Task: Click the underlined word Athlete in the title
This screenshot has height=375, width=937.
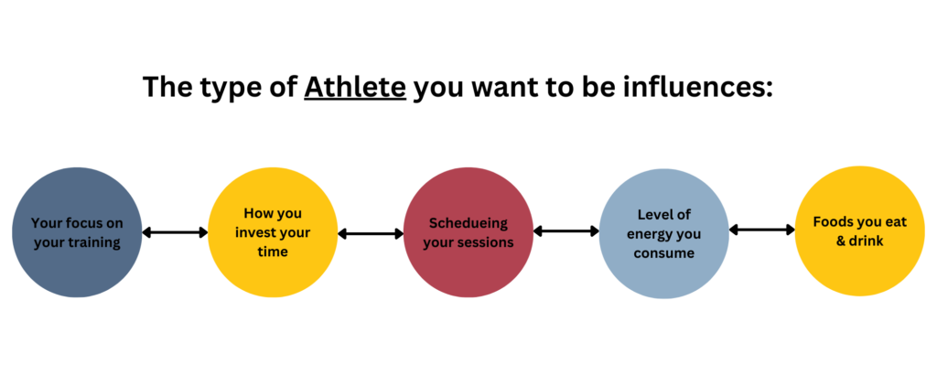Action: coord(355,87)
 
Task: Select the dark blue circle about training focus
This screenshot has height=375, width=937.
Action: coord(77,232)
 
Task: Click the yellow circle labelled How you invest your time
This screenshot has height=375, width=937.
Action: coord(273,232)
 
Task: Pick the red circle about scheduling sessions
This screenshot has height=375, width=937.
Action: coord(468,232)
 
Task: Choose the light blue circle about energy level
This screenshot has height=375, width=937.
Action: coord(664,232)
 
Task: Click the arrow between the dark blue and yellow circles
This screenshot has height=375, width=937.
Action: coord(175,232)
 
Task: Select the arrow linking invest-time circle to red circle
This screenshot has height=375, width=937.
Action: coord(371,234)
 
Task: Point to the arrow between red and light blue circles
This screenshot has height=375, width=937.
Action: coord(565,230)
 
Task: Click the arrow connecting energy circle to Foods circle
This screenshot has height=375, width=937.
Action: coord(762,230)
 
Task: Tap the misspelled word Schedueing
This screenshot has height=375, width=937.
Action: coord(468,223)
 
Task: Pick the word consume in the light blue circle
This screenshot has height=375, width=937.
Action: coord(664,253)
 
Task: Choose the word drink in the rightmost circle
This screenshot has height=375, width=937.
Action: coord(867,241)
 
